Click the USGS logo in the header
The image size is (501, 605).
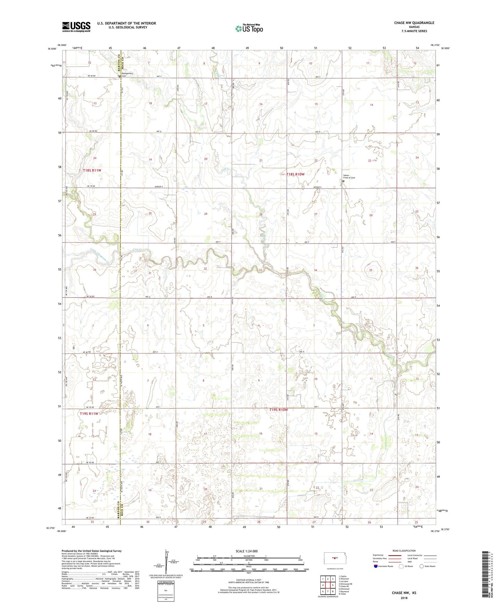(76, 26)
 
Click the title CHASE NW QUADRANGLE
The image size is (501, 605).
(414, 23)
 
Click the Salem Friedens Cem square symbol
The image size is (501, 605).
(344, 181)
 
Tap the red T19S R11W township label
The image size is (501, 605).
(90, 414)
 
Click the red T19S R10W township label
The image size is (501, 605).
(278, 410)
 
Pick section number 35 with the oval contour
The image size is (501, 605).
(371, 270)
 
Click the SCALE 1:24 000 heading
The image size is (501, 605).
(247, 551)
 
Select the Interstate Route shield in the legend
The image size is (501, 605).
(376, 566)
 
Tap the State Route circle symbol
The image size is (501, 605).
(422, 566)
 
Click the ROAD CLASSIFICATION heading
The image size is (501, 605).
(404, 551)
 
